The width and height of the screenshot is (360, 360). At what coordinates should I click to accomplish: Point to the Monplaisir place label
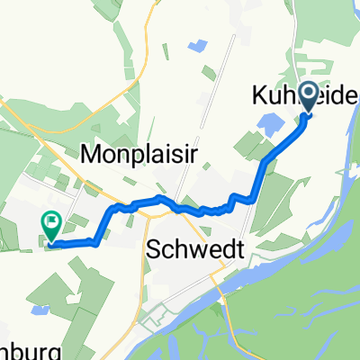(x=139, y=153)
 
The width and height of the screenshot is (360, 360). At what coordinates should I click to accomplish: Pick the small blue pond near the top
(x=195, y=44)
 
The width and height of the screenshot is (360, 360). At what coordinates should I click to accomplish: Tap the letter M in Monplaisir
(x=91, y=153)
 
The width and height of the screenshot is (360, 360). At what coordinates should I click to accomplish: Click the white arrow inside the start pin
(x=307, y=94)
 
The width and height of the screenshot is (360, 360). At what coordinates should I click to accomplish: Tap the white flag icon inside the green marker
(x=51, y=219)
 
